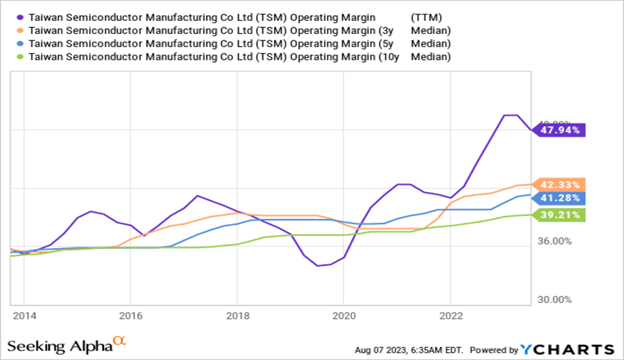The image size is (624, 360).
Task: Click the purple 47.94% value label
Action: point(560,130)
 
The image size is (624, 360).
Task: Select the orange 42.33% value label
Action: point(560,184)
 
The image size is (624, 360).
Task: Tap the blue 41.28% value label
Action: point(560,197)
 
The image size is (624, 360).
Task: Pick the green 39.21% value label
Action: point(560,214)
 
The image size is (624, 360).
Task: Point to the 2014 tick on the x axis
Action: point(24,315)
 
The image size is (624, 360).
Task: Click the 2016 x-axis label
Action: point(130,315)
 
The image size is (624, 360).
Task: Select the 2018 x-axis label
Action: point(237,315)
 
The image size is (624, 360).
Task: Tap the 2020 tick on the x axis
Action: point(343,315)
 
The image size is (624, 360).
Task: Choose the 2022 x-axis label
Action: point(450,315)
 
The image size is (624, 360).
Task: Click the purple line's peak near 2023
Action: point(511,115)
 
